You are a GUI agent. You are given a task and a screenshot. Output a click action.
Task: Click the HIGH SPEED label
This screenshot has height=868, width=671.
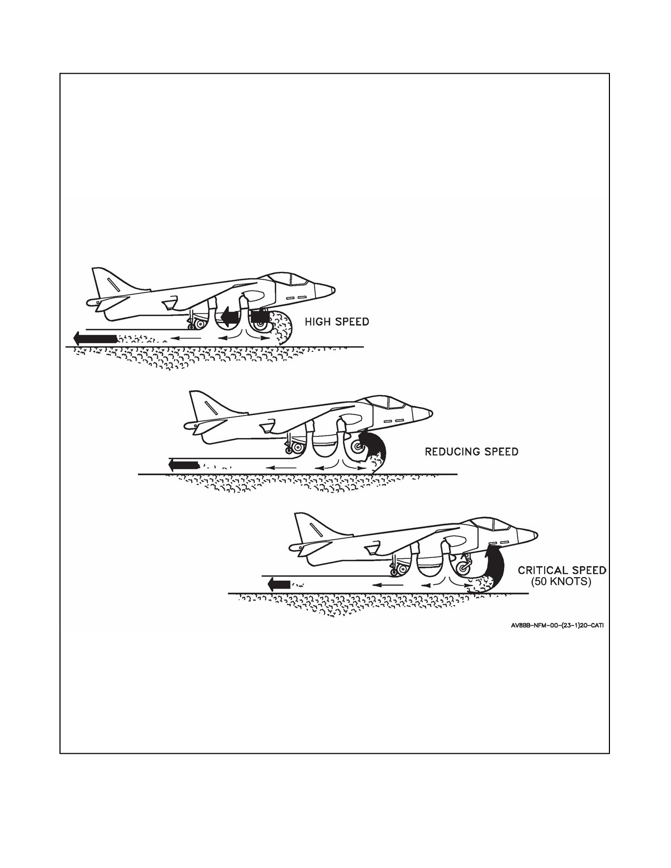(337, 321)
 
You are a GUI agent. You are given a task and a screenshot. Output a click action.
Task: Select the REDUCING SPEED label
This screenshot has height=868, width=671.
(471, 451)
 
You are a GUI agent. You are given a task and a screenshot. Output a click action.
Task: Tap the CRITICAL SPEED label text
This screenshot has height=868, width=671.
(562, 570)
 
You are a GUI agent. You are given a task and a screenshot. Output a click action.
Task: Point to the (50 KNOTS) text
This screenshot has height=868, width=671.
(560, 581)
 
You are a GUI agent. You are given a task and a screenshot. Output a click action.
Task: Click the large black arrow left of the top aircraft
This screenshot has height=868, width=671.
(95, 339)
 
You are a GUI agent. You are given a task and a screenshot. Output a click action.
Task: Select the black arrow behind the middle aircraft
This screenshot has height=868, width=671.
(184, 465)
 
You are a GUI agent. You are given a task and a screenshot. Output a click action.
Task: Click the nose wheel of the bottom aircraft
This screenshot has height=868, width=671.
(463, 568)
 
